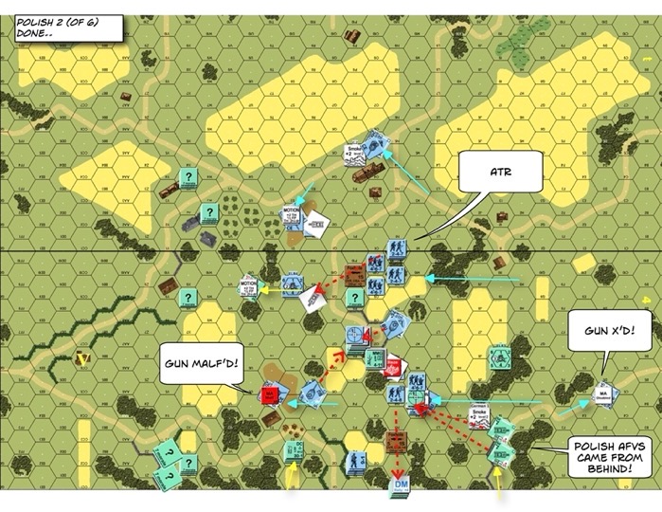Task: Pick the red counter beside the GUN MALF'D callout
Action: coord(268,392)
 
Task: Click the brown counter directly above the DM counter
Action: coord(396,440)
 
